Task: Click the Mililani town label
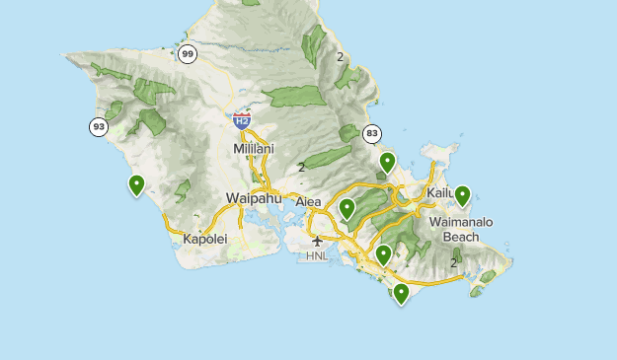click(253, 148)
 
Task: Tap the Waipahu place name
click(254, 198)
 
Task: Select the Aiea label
click(309, 201)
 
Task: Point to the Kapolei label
click(205, 239)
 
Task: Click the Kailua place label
click(440, 192)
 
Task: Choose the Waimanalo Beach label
click(461, 230)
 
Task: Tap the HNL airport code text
click(317, 256)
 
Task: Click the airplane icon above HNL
click(317, 241)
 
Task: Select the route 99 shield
click(188, 54)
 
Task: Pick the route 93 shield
click(98, 126)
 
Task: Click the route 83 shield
click(371, 133)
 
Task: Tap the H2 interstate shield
click(242, 120)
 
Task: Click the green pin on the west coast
click(136, 183)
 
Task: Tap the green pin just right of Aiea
click(347, 207)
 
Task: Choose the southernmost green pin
click(401, 292)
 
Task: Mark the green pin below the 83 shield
click(388, 161)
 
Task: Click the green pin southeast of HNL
click(383, 254)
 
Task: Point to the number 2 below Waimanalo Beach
click(453, 262)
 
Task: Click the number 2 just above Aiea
click(301, 167)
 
